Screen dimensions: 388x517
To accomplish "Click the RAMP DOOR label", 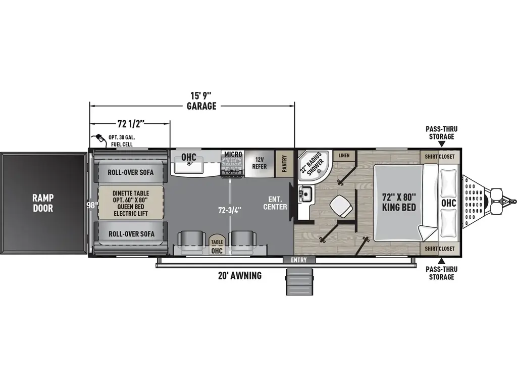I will point(44,203).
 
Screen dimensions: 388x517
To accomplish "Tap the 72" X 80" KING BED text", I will point(398,202).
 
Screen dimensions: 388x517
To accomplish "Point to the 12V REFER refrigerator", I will point(259,163).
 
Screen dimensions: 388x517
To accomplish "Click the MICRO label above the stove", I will point(233,154).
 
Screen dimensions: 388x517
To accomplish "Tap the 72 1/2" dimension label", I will point(131,123).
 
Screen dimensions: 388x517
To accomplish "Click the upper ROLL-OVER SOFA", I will point(131,172).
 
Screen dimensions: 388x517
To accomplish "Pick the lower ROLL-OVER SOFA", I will point(131,233).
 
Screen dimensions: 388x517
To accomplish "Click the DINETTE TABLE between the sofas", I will point(131,203).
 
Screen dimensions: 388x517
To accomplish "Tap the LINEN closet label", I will point(344,155).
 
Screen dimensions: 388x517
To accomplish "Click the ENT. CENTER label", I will point(275,203).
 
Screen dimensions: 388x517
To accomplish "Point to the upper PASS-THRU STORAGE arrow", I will point(442,144).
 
